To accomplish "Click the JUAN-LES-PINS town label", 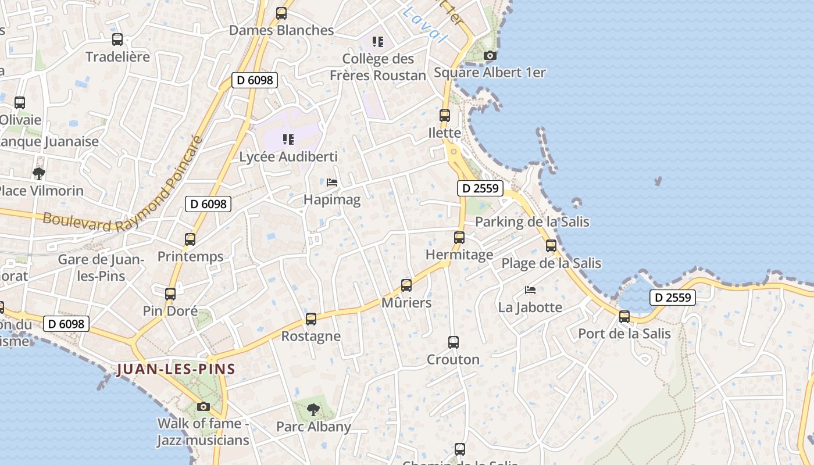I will [x=176, y=369].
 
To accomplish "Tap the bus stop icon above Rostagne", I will [x=311, y=319].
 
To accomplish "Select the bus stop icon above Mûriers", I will [x=406, y=285].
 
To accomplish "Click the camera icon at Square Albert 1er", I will [x=490, y=56].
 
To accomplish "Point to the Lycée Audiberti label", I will [x=288, y=157].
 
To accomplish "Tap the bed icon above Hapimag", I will [x=332, y=183].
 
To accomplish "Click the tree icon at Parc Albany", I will [x=313, y=409].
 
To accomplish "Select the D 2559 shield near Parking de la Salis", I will [x=480, y=188].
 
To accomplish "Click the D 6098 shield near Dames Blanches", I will [x=254, y=80].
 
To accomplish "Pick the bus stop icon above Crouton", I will [x=454, y=342].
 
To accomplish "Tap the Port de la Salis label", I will [x=624, y=334].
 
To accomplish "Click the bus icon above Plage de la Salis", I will [x=551, y=246].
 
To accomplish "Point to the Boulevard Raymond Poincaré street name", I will [x=125, y=186].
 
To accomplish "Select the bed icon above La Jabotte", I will [x=530, y=289].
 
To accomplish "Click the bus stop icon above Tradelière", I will [x=117, y=40].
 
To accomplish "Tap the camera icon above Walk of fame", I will [x=203, y=406].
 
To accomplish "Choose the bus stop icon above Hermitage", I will [x=459, y=237].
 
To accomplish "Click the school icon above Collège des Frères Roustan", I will [x=378, y=42].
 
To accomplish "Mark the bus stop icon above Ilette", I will [x=445, y=116].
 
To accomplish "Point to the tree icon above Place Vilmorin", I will [x=39, y=173].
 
